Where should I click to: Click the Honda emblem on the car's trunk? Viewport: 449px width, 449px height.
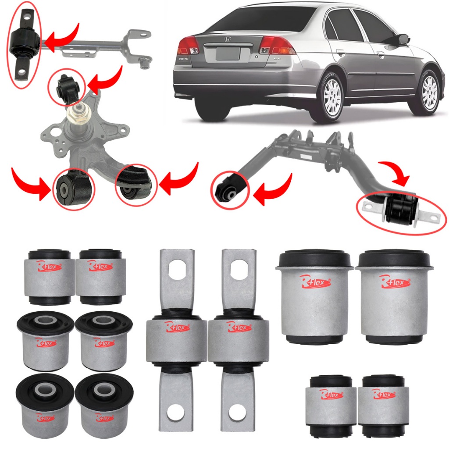227,39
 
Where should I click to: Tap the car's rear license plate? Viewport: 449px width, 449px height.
227,54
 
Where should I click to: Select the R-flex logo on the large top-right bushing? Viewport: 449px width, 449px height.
395,281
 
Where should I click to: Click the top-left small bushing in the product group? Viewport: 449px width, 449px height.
49,276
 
